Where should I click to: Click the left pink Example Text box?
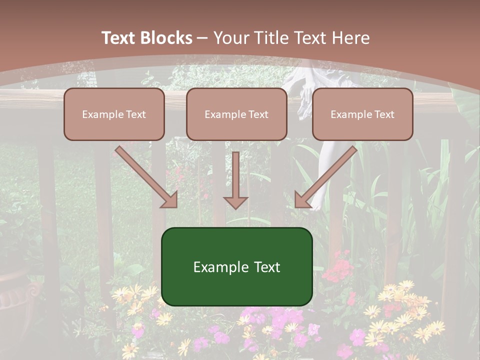click(114, 114)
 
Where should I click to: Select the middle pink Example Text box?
click(236, 114)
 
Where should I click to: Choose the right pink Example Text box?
click(362, 114)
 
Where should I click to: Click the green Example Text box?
click(236, 266)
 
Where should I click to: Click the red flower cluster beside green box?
click(337, 270)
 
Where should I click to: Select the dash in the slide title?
click(202, 38)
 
